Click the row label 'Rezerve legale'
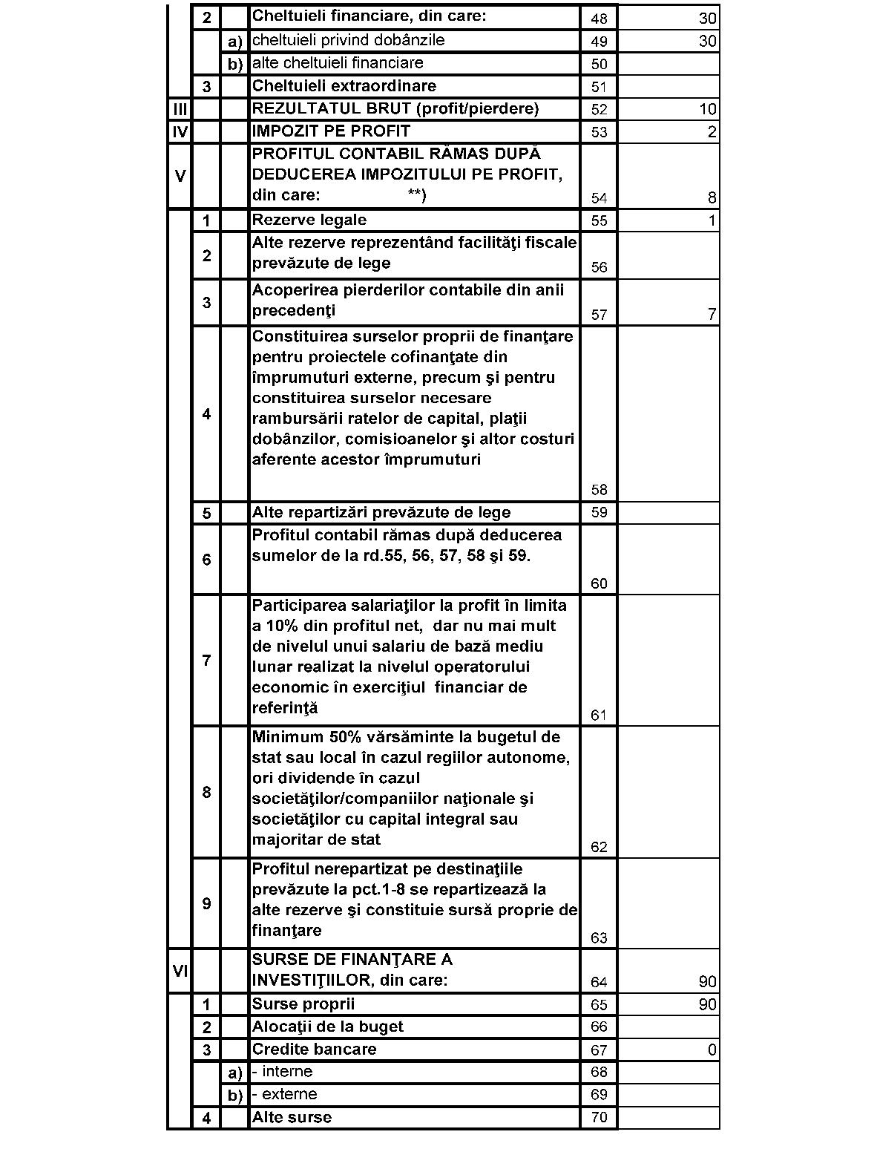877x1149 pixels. click(309, 220)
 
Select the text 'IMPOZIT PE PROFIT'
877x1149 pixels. click(331, 131)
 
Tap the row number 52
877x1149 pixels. click(599, 109)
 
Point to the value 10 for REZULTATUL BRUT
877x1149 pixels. click(707, 109)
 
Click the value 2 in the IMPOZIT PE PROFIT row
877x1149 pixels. click(712, 132)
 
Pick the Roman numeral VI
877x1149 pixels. click(180, 969)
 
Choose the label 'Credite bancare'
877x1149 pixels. click(314, 1049)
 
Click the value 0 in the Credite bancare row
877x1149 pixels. click(712, 1050)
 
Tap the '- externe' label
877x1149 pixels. click(284, 1094)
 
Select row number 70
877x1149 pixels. click(599, 1117)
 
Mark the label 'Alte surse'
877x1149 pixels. click(292, 1117)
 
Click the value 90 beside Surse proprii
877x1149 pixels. click(707, 1004)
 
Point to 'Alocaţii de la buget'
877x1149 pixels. click(327, 1027)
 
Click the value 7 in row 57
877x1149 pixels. click(712, 315)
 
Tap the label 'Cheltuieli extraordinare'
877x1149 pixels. click(344, 86)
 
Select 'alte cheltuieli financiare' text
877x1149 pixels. click(338, 63)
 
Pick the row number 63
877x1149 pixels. click(599, 938)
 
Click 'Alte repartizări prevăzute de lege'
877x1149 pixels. click(381, 512)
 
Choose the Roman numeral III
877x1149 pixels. click(180, 109)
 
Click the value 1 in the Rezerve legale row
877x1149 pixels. click(712, 220)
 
